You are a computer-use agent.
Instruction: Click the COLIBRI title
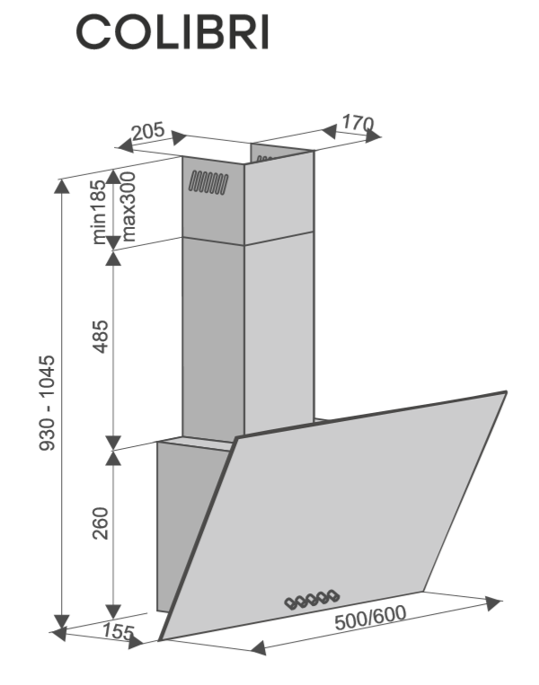pyautogui.click(x=172, y=32)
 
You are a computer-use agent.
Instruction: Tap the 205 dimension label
pyautogui.click(x=148, y=131)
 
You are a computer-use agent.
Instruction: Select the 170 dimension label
pyautogui.click(x=358, y=123)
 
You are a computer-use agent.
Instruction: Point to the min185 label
pyautogui.click(x=99, y=212)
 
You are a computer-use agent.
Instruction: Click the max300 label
pyautogui.click(x=128, y=206)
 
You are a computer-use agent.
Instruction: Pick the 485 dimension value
pyautogui.click(x=101, y=337)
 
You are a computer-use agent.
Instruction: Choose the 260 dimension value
pyautogui.click(x=101, y=523)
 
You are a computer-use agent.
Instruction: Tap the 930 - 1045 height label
pyautogui.click(x=48, y=403)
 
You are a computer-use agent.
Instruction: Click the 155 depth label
pyautogui.click(x=119, y=632)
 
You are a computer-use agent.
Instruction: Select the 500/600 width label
pyautogui.click(x=370, y=618)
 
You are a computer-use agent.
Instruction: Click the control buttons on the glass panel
pyautogui.click(x=312, y=600)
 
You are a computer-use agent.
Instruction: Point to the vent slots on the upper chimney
pyautogui.click(x=208, y=182)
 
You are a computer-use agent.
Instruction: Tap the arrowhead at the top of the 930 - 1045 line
pyautogui.click(x=62, y=186)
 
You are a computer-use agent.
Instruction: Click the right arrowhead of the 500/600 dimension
pyautogui.click(x=492, y=602)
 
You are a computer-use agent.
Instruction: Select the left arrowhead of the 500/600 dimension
pyautogui.click(x=259, y=647)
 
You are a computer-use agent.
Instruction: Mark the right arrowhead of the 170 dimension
pyautogui.click(x=373, y=136)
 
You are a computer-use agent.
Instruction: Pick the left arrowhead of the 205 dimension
pyautogui.click(x=126, y=145)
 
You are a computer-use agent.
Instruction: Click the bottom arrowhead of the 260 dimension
pyautogui.click(x=113, y=611)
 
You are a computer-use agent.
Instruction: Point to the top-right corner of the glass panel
pyautogui.click(x=507, y=391)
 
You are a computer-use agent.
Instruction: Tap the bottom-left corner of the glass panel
pyautogui.click(x=159, y=640)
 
